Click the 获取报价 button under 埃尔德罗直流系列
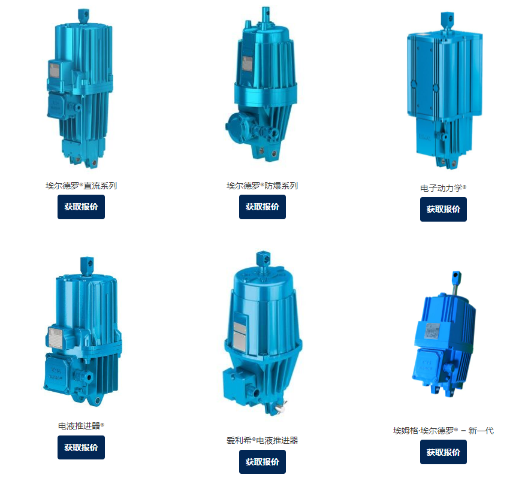tap(81, 207)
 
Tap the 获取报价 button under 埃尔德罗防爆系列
tap(263, 207)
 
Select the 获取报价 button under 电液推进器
tap(81, 447)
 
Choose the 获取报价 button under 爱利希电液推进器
tap(263, 462)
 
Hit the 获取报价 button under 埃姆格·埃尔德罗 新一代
tap(443, 452)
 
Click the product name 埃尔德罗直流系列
tap(81, 186)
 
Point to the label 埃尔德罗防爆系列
tap(263, 186)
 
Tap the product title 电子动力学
tap(443, 188)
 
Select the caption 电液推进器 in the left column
tap(81, 426)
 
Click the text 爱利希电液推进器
tap(263, 440)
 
